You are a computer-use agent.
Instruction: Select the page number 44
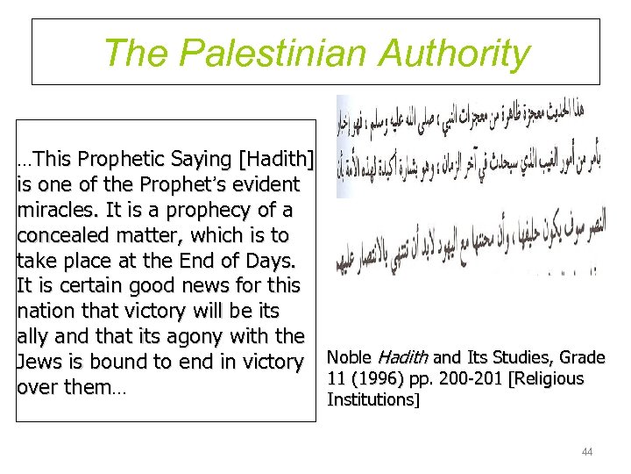tap(586, 452)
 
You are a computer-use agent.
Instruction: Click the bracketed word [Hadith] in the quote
tap(275, 160)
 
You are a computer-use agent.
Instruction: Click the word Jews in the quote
tap(38, 362)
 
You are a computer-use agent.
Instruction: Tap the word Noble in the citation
tap(348, 358)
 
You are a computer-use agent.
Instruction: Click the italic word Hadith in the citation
tap(401, 358)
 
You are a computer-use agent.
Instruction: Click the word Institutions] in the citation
tap(372, 400)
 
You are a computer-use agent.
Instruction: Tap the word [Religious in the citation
tap(550, 379)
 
